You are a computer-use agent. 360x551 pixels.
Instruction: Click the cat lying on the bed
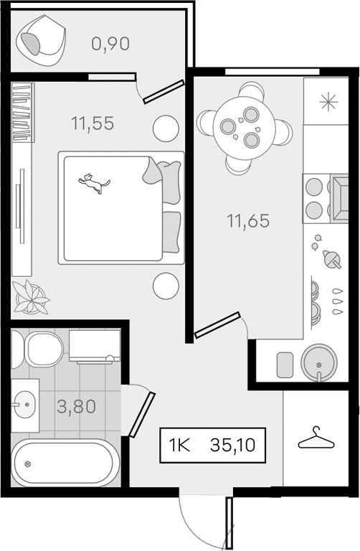94,183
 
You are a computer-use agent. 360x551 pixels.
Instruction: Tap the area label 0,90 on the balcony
110,44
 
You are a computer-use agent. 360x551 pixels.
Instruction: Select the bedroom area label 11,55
93,123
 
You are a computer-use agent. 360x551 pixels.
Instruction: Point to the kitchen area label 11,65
248,221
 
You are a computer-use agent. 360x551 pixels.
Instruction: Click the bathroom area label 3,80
76,407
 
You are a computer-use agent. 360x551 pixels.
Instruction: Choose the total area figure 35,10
232,446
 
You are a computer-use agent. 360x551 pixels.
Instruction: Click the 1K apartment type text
179,446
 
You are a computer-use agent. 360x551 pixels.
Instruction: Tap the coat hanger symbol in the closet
316,438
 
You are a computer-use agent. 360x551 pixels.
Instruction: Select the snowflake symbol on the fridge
328,103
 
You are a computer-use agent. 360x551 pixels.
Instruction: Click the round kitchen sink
319,362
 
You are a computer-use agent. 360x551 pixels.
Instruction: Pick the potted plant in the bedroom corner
31,297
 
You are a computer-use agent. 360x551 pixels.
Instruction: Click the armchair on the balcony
41,40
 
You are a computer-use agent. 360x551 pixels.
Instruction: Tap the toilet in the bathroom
37,349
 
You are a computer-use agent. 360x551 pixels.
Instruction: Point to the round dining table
243,128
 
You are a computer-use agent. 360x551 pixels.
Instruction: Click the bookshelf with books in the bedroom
23,113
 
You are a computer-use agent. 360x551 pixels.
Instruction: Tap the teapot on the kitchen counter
331,259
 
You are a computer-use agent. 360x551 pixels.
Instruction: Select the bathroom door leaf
142,415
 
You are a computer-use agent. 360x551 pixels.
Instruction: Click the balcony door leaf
164,92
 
